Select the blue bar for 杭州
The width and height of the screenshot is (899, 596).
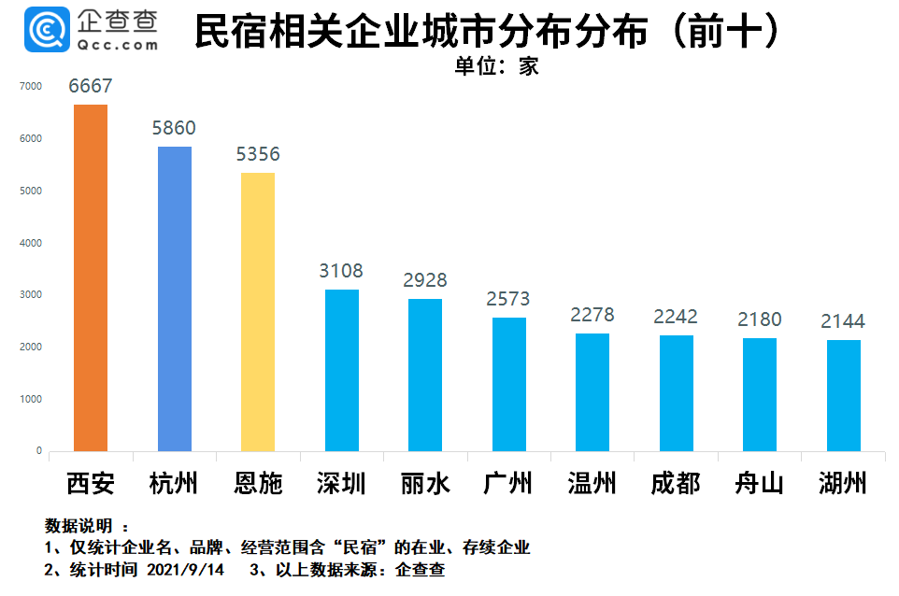(x=175, y=299)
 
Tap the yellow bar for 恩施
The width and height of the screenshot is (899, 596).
(x=258, y=312)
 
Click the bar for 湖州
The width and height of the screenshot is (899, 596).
(x=843, y=395)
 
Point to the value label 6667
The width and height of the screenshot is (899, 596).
(x=91, y=86)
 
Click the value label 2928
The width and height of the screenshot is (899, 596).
(x=425, y=280)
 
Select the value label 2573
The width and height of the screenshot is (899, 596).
(x=508, y=299)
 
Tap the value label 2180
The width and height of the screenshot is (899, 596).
(x=759, y=319)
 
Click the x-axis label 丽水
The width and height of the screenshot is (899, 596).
(x=425, y=483)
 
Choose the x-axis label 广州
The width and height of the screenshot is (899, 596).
(x=508, y=483)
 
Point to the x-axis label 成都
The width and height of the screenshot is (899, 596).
(x=676, y=483)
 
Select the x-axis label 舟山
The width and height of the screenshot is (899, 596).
(x=759, y=483)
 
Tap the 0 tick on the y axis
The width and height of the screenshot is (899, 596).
(x=38, y=451)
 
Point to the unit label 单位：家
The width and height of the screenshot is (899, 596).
(x=497, y=66)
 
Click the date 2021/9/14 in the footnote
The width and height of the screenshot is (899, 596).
(x=186, y=569)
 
